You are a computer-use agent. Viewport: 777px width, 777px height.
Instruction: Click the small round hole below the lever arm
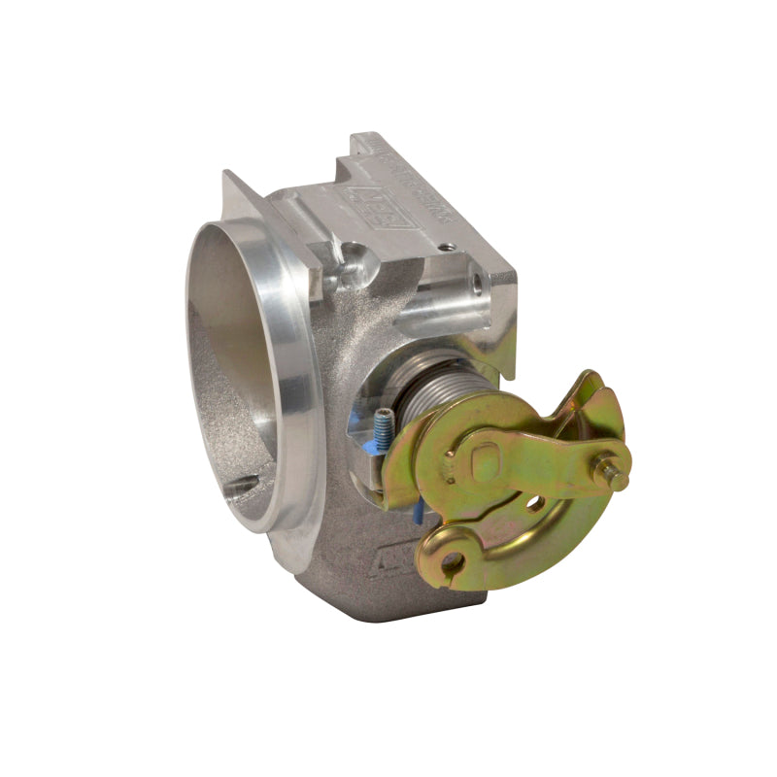pos(532,503)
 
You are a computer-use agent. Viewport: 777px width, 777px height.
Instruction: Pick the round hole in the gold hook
pos(448,562)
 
